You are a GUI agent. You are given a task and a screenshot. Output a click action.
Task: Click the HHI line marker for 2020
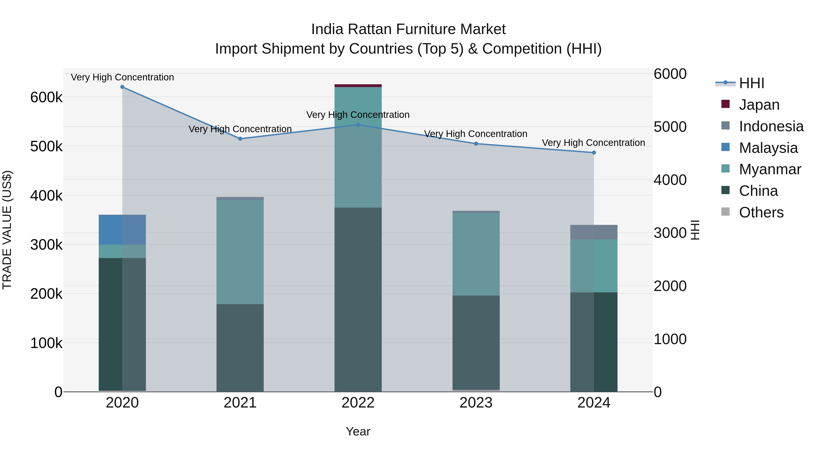coord(122,87)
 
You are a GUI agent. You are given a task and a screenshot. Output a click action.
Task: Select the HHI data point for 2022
coord(358,125)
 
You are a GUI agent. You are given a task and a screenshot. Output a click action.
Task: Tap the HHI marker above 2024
coord(594,153)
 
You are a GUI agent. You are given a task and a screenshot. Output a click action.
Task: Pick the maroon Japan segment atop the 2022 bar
coord(358,86)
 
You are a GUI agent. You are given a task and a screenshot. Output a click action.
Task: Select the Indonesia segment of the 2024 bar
coord(594,232)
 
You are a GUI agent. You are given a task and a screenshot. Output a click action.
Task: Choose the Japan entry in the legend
coord(759,105)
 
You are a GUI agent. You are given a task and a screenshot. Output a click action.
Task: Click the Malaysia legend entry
coord(768,148)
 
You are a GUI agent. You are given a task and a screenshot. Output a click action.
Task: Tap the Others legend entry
coord(761,212)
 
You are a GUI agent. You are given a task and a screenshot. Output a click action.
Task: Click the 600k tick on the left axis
coord(46,97)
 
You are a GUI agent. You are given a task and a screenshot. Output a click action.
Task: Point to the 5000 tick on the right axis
coord(670,127)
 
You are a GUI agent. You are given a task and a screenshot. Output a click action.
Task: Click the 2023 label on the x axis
coord(476,403)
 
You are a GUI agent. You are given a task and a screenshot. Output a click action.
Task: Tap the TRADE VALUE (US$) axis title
coord(7,230)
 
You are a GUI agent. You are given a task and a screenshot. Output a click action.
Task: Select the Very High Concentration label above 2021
coord(240,129)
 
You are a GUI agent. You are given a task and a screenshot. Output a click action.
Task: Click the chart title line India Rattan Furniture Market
coord(408,29)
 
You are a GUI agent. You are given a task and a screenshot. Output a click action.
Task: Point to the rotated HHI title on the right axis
coord(695,230)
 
